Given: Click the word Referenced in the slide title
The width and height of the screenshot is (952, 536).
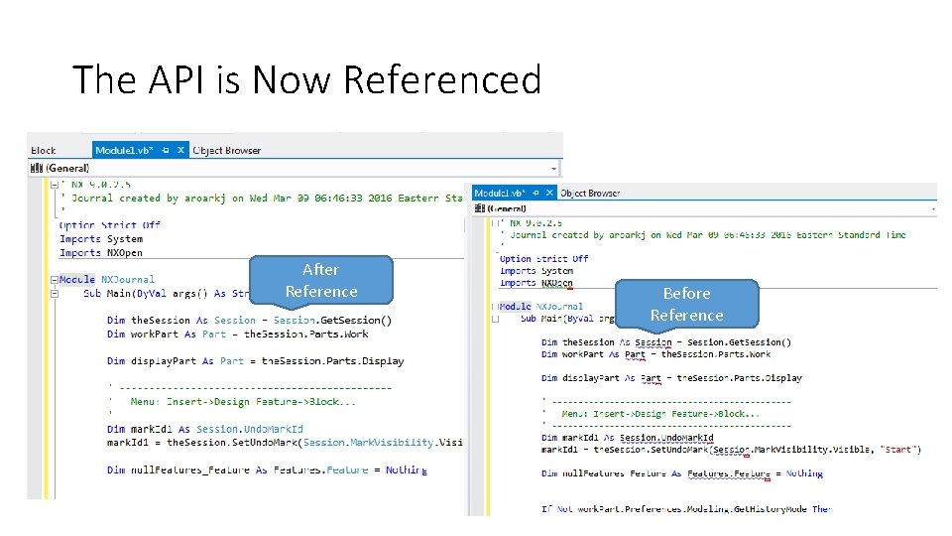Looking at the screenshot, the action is [442, 79].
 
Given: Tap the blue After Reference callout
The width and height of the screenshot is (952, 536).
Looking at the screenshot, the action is [320, 280].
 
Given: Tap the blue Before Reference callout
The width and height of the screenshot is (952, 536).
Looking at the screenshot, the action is [686, 304].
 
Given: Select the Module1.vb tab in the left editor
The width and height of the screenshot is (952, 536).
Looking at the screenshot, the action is [128, 151].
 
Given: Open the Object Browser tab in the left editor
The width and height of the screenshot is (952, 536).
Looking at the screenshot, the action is [227, 151].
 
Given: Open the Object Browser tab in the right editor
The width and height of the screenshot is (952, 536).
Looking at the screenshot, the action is [590, 193].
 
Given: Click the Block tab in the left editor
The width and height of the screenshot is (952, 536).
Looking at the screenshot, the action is [44, 151].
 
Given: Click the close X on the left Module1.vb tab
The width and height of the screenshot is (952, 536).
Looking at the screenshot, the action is [180, 151].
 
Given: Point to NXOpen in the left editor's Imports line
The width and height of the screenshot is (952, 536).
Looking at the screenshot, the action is [125, 253].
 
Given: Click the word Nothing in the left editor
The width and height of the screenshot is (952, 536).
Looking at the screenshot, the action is [407, 470].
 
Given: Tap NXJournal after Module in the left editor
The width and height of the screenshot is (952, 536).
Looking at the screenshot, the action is [130, 280].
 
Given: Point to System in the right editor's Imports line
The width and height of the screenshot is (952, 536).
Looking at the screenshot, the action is [557, 271].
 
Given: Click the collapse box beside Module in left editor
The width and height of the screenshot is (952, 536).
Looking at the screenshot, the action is [54, 280].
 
